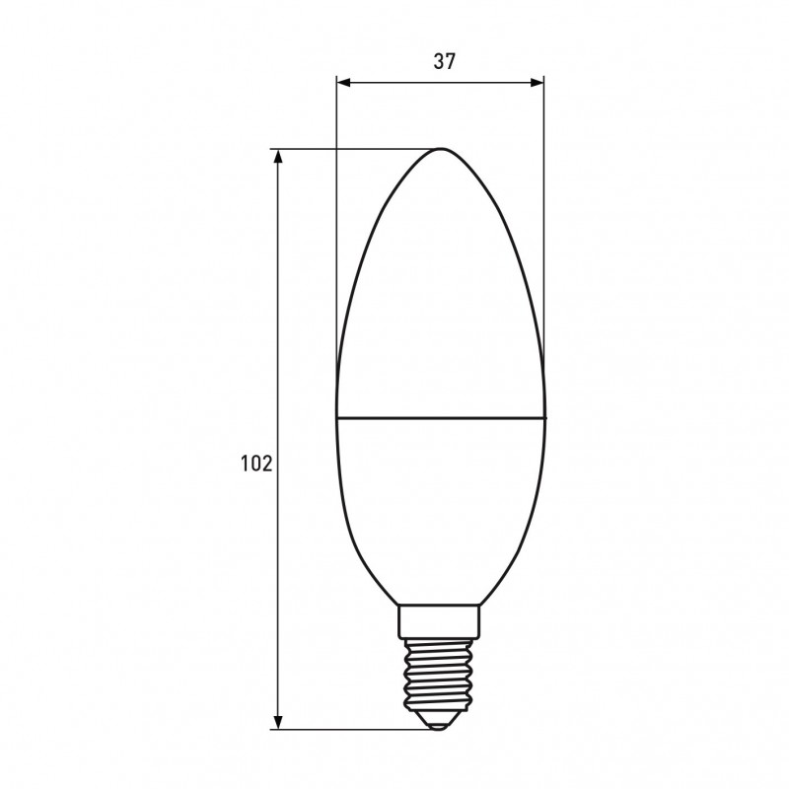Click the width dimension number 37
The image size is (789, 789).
(445, 61)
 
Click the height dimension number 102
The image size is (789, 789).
(256, 463)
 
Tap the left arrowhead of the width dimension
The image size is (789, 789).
(343, 83)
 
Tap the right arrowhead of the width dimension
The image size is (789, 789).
(537, 83)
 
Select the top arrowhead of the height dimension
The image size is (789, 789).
(278, 157)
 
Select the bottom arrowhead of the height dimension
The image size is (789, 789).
(278, 722)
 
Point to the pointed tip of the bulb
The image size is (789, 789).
(441, 149)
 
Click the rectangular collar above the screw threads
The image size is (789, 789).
(439, 621)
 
